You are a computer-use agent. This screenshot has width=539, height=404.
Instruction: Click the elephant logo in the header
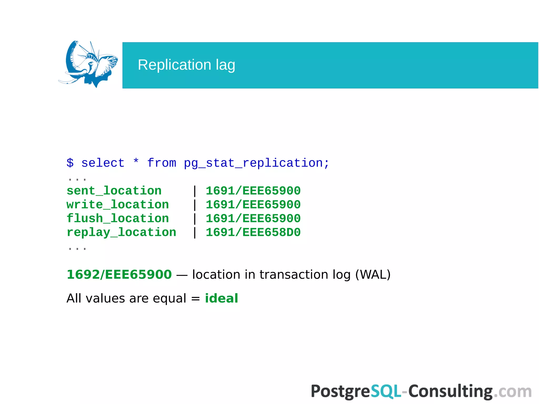click(x=88, y=64)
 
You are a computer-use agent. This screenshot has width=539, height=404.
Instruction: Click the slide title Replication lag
click(x=186, y=65)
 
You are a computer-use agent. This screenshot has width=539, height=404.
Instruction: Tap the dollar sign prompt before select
click(x=70, y=163)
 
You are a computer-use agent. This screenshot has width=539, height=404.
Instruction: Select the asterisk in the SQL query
click(x=136, y=161)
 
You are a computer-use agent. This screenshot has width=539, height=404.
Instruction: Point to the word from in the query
click(x=162, y=163)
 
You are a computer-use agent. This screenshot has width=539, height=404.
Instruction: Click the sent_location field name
click(x=114, y=191)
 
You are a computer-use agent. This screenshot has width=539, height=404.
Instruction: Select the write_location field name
click(x=118, y=205)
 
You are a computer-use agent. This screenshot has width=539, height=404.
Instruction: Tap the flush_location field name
click(x=118, y=218)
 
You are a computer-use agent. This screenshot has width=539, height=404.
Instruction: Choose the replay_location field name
click(x=121, y=232)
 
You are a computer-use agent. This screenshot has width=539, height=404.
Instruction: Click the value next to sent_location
click(x=253, y=191)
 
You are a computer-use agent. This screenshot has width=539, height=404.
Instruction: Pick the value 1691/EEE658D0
click(x=253, y=232)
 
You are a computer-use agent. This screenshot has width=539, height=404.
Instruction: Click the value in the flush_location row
click(x=253, y=218)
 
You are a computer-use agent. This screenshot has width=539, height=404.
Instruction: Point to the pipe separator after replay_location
click(x=194, y=232)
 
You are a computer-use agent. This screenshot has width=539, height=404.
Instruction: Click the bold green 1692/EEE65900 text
click(x=119, y=275)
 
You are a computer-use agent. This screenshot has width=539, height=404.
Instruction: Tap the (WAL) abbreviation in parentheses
click(x=373, y=275)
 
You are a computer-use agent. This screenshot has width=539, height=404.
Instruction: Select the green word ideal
click(x=221, y=298)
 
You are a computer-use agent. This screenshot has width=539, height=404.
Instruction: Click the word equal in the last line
click(x=169, y=298)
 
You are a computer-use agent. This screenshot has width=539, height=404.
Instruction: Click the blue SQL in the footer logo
click(x=386, y=391)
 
